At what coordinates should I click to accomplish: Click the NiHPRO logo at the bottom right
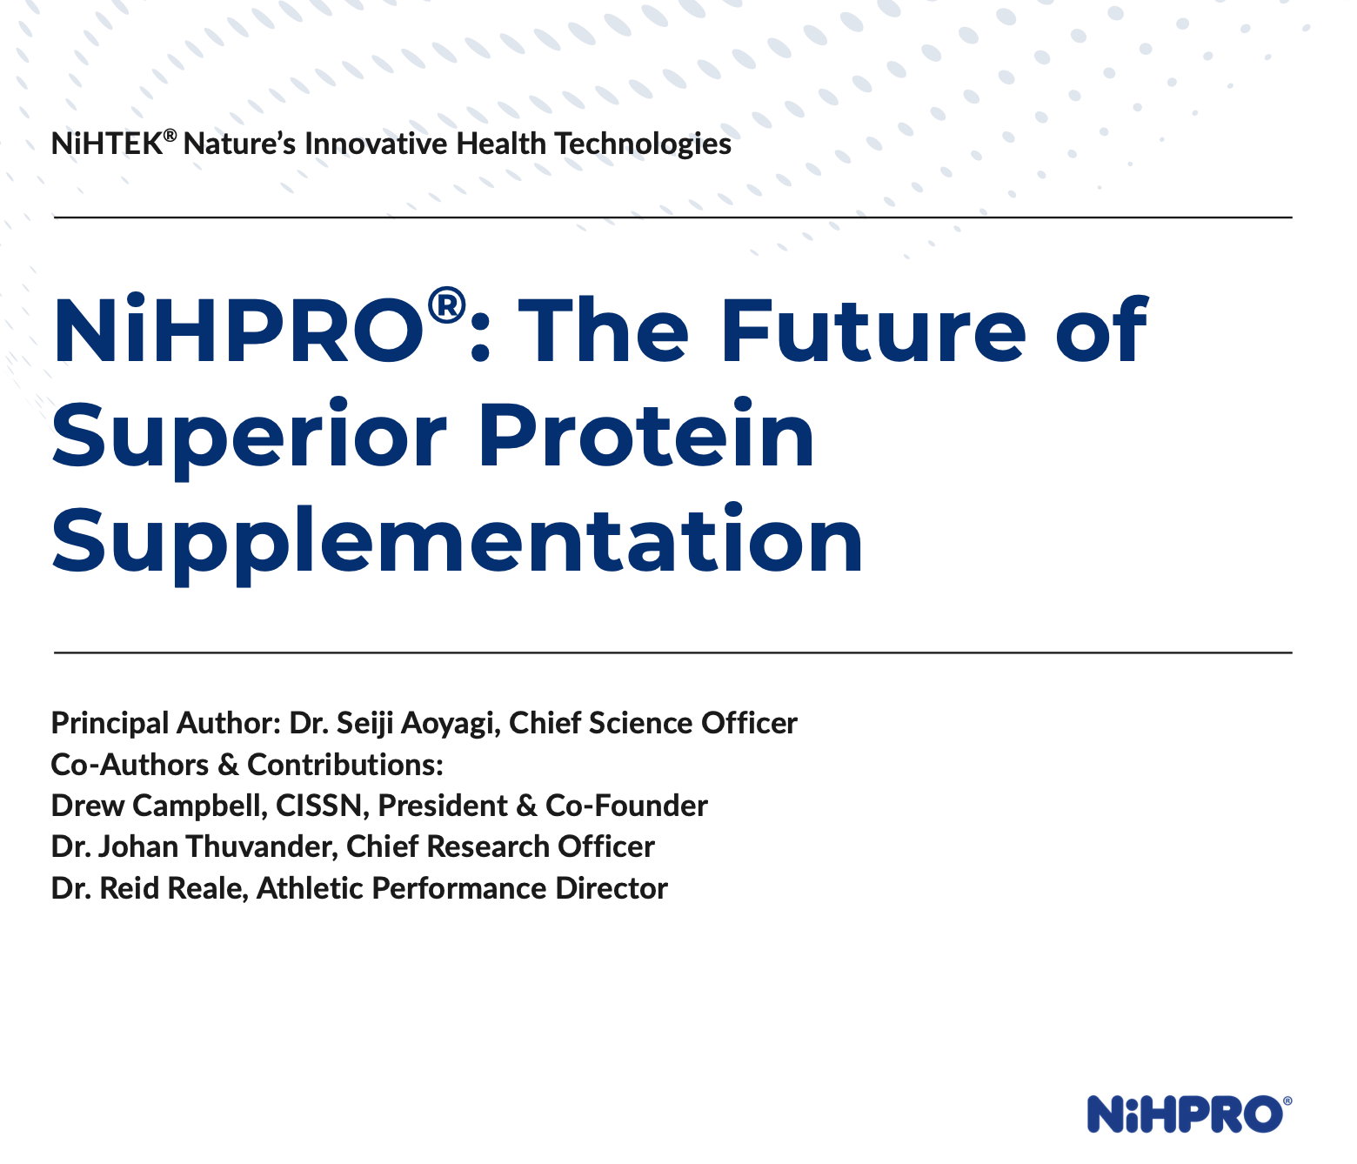(x=1189, y=1114)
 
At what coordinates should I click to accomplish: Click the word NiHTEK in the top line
(x=107, y=144)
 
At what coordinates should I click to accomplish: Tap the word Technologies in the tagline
(x=643, y=144)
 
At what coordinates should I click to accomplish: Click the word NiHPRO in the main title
(x=239, y=330)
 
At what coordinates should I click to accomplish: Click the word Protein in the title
(x=646, y=433)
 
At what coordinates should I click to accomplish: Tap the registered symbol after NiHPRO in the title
(x=446, y=305)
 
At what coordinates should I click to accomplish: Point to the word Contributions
(x=344, y=765)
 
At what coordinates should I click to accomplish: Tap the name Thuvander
(x=261, y=847)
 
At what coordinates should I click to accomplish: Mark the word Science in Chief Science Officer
(x=639, y=723)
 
